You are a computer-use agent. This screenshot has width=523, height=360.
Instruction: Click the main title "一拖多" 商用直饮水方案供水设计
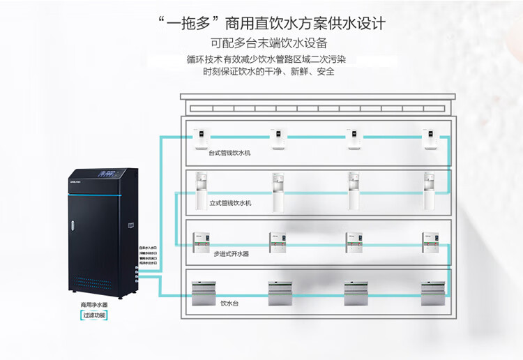[261, 24]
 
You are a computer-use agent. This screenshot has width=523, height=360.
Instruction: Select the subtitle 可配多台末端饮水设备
[261, 43]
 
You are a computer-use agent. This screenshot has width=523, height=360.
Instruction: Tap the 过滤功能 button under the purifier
[93, 315]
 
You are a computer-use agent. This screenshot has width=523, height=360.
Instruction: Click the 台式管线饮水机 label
[229, 153]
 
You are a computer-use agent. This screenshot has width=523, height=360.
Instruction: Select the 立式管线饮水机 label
[229, 203]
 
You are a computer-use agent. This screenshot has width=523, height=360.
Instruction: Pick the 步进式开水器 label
[231, 254]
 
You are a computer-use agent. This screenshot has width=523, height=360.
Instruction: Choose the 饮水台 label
[229, 303]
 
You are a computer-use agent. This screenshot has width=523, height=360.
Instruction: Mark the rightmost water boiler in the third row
[430, 241]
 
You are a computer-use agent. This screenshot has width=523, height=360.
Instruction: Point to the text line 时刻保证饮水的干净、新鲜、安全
[268, 72]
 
